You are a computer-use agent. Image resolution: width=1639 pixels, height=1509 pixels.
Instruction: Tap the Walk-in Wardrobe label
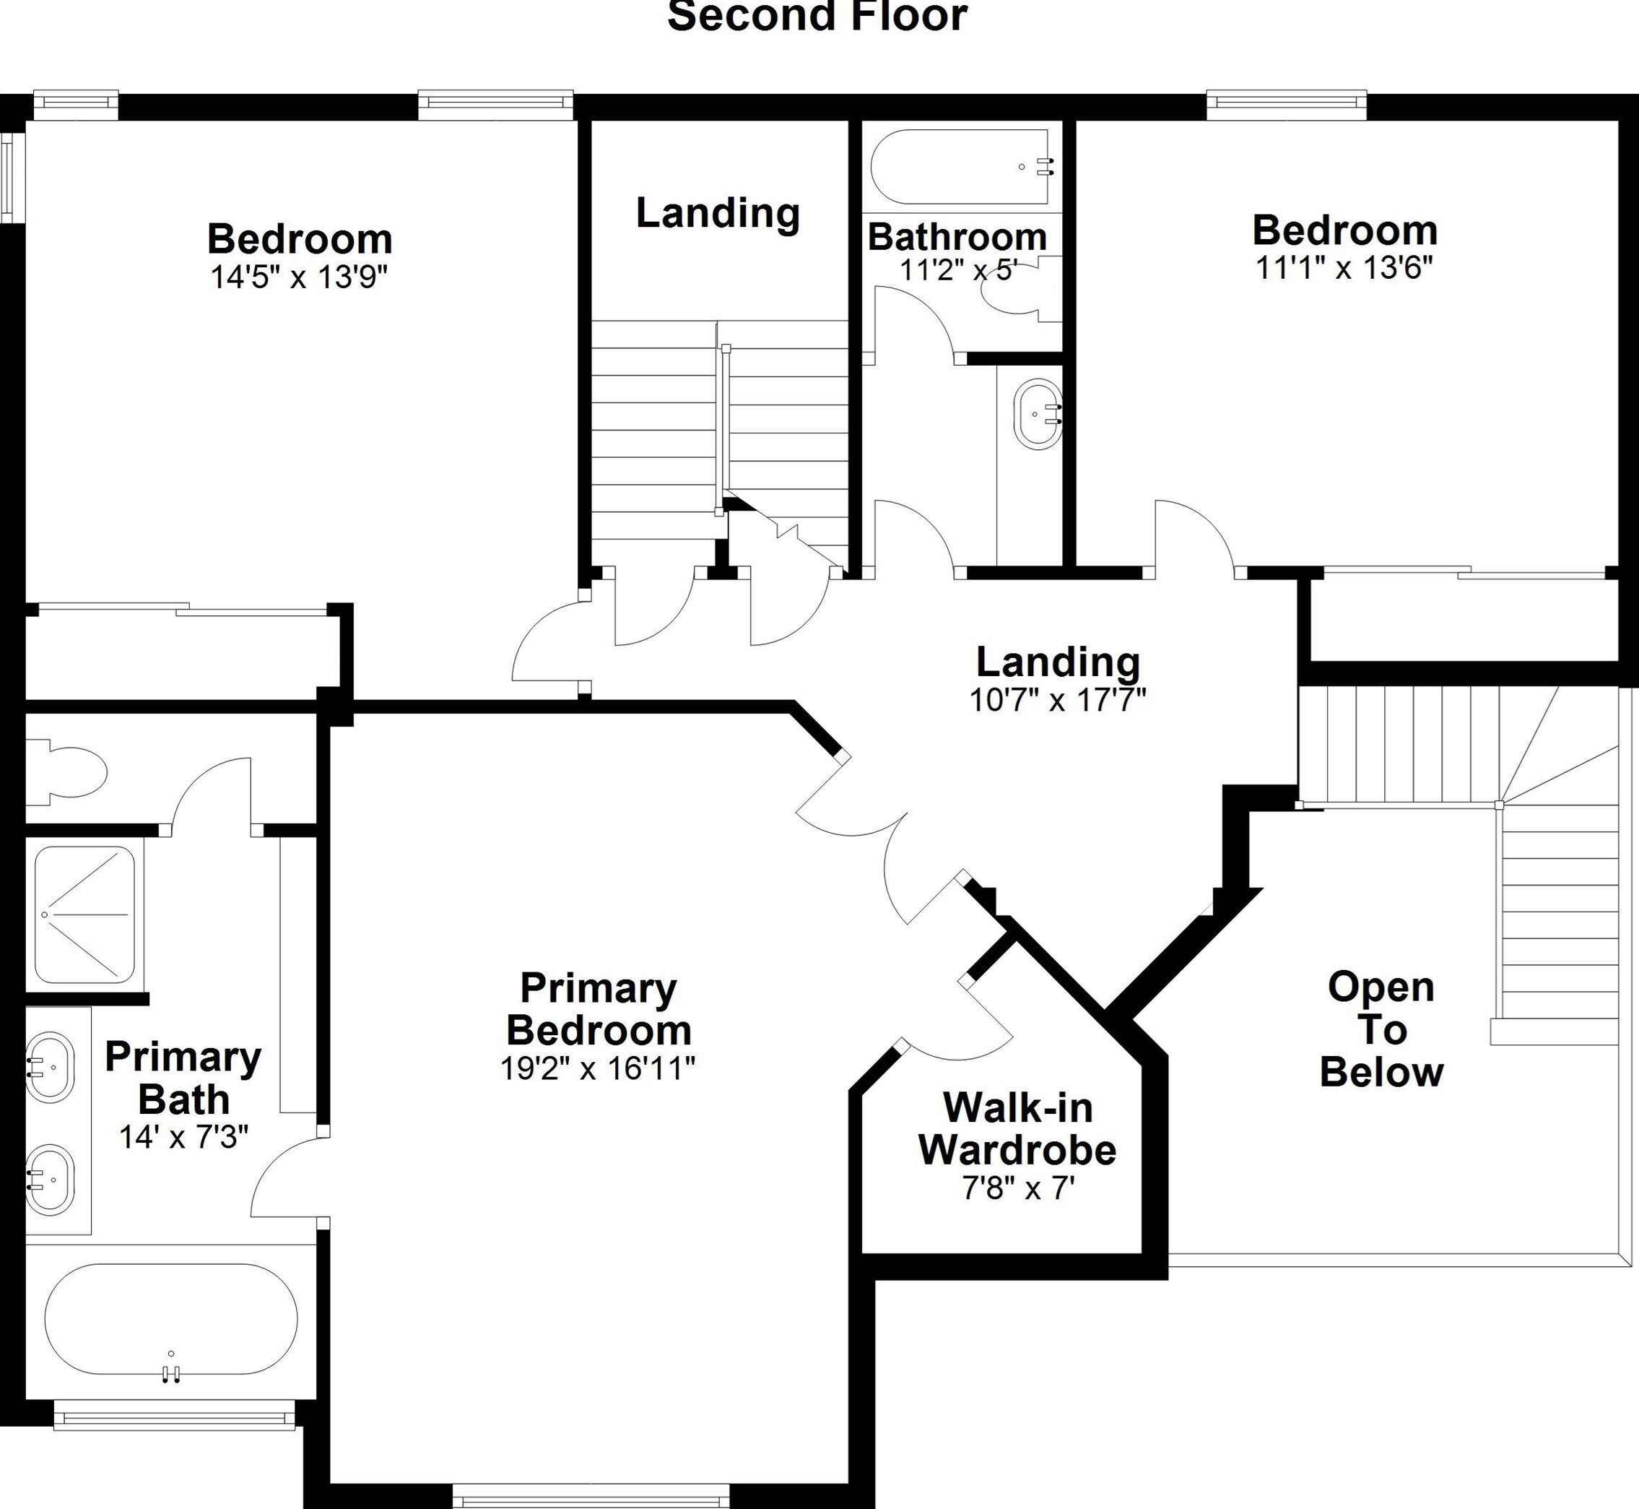point(1018,1128)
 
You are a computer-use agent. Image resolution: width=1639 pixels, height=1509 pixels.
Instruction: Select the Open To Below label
point(1381,1029)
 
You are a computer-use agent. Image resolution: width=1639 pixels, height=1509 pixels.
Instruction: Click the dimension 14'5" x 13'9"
point(299,277)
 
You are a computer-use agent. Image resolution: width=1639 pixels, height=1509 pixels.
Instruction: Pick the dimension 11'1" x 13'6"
point(1344,267)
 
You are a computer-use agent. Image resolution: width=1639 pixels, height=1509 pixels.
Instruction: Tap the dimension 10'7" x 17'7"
point(1058,700)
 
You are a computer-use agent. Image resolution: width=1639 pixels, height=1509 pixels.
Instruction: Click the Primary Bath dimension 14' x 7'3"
point(183,1137)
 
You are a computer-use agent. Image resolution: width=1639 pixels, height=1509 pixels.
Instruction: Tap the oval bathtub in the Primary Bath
point(171,1320)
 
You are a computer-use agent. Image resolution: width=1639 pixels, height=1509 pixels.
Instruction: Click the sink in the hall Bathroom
point(1038,414)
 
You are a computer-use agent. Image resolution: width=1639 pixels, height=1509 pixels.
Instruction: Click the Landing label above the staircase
point(718,213)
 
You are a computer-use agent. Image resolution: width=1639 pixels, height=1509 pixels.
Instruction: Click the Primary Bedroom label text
point(599,1009)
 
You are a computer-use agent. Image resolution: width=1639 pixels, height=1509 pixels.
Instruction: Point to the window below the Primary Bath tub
point(174,1415)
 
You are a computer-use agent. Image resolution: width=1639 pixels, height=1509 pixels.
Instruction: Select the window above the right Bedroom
point(1287,103)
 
